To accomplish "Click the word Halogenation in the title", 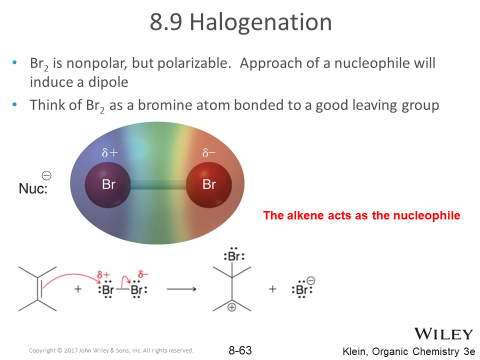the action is tap(261, 22).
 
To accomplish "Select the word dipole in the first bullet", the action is tap(108, 82).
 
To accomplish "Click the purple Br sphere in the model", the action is tap(108, 185).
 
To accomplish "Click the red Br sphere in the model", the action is tap(209, 185).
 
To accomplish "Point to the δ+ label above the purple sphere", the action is tap(110, 152).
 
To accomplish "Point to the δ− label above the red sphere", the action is tap(209, 152).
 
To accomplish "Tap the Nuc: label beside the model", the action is tap(33, 188).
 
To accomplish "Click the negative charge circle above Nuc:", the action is tap(46, 175).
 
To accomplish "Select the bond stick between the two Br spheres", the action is tap(158, 185).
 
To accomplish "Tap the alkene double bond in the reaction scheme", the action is tap(39, 289).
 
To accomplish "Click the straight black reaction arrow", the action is tap(181, 289).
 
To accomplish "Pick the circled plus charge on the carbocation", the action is tap(231, 307).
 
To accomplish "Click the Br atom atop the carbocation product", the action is tap(234, 256).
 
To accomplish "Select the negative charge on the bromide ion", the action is tap(310, 280).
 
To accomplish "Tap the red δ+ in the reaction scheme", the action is tap(103, 274).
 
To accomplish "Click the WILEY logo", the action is tap(443, 334).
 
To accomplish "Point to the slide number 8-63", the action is tap(240, 350).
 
